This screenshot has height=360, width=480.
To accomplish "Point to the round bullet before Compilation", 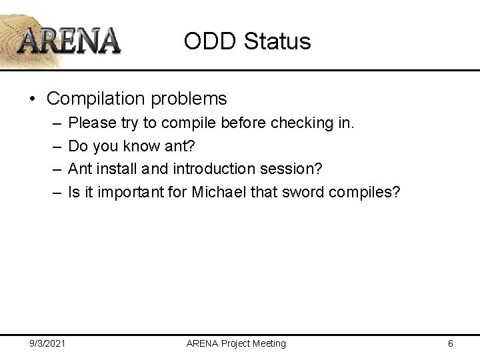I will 33,99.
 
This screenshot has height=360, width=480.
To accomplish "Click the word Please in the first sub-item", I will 91,123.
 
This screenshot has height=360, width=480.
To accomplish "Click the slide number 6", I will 451,343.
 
